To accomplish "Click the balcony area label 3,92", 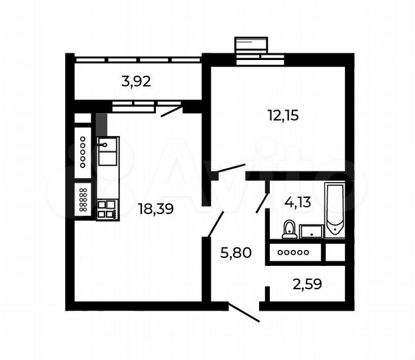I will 137,82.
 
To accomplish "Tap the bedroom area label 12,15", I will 283,115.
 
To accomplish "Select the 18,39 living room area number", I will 155,209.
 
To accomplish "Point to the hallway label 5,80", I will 235,252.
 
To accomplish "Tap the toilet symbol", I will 290,229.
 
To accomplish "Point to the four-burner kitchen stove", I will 107,210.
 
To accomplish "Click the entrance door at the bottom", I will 243,313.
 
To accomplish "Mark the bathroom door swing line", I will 263,201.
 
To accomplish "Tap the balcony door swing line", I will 172,110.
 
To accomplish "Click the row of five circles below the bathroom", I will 293,252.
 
